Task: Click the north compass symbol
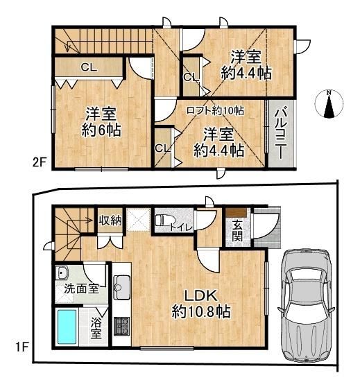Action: click(x=329, y=103)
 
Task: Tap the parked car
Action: click(x=306, y=307)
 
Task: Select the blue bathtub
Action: click(x=67, y=326)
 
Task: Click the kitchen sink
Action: click(x=121, y=287)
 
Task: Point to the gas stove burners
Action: click(x=121, y=326)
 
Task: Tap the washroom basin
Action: click(x=62, y=273)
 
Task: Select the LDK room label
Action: click(x=200, y=304)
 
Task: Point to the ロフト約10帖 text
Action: click(x=215, y=110)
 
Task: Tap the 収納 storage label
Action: click(x=110, y=221)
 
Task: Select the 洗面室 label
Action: click(x=82, y=288)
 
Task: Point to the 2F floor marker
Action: click(x=40, y=163)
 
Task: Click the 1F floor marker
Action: click(x=22, y=347)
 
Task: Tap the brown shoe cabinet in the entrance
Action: click(x=236, y=212)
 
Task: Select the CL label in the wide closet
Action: click(x=89, y=67)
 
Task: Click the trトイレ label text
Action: click(x=181, y=227)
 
